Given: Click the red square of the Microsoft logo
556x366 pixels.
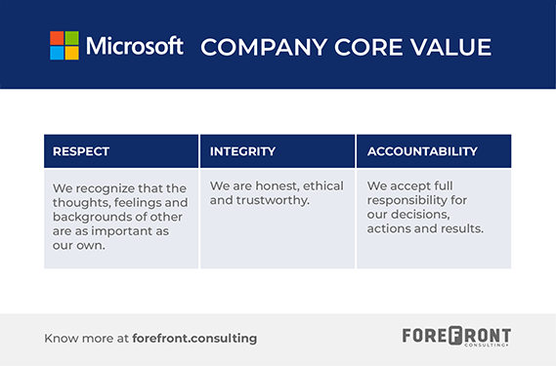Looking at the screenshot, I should (x=57, y=38).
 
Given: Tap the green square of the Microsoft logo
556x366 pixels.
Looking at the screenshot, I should (x=71, y=38).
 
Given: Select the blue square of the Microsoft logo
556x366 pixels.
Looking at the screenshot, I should (x=57, y=53).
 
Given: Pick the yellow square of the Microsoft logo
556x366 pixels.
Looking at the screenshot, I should (x=71, y=53).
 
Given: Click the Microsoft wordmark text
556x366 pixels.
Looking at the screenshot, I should (x=135, y=46).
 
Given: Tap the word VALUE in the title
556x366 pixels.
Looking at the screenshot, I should (x=449, y=47).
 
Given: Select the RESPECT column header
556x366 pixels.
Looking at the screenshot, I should (x=81, y=151).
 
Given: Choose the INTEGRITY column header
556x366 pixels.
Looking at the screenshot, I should (x=243, y=151).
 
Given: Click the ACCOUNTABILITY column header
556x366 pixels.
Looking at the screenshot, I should (x=422, y=151).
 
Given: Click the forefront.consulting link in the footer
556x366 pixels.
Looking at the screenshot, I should (x=197, y=338).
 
